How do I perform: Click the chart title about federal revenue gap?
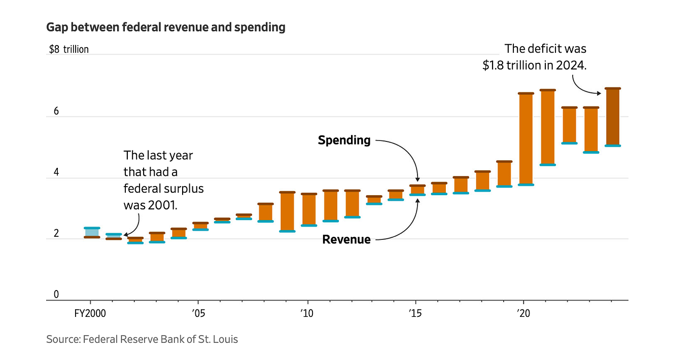coord(165,27)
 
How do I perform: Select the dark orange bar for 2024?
coord(613,117)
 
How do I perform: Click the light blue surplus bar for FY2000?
coord(92,233)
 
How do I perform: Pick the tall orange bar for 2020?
coord(526,139)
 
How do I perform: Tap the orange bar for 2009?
coord(287,211)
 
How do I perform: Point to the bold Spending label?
coord(344,140)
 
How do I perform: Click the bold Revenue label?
coord(346,239)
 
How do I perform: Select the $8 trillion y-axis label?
coord(68,49)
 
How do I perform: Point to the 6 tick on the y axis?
coord(56,112)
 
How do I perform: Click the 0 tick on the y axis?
coord(56,295)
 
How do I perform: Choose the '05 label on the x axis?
coord(198,313)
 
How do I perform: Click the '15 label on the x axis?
coord(415,313)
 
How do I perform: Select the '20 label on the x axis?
coord(523,313)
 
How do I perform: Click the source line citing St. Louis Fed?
coord(142,339)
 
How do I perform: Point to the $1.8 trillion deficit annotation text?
coord(535,57)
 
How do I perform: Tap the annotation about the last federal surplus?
coord(163,180)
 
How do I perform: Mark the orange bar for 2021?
coord(547,127)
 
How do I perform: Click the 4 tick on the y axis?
coord(56,172)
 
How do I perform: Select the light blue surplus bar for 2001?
coord(114,236)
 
